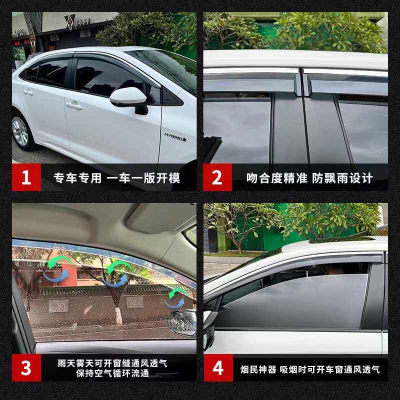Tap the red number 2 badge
pos(217,177)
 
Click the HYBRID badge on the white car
pos(175,136)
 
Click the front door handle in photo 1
pos(74,105)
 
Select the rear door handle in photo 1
pos(27,92)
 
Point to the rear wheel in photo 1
pos(21,131)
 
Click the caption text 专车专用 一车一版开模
pos(117,178)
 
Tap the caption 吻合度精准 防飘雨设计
pos(309,178)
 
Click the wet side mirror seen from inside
pos(182,322)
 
